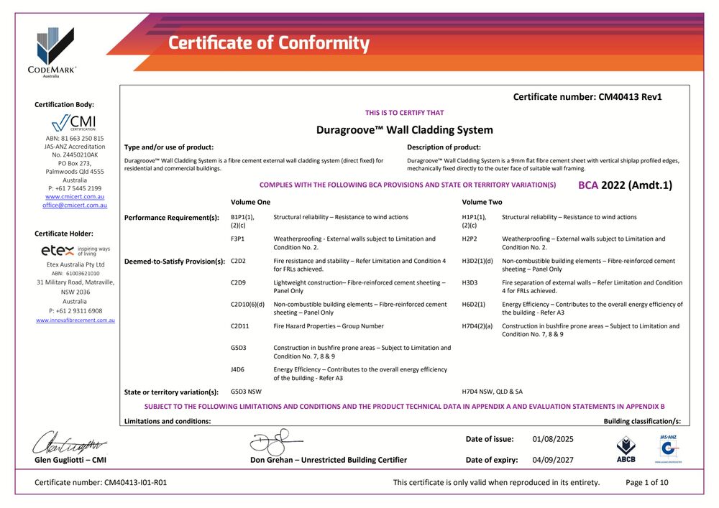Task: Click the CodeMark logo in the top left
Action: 56,51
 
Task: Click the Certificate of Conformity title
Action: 268,43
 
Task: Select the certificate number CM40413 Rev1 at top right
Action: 587,97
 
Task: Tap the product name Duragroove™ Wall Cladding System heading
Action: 405,130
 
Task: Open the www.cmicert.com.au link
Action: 74,196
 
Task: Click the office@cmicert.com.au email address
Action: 74,205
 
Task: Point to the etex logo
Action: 75,251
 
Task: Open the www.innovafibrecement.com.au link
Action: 75,320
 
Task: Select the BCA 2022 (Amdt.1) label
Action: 625,185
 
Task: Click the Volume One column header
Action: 250,203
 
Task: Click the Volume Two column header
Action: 482,203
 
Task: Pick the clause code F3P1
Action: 238,239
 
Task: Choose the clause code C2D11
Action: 239,326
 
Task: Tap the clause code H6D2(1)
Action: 473,305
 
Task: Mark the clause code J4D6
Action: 238,369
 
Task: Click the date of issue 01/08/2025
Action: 553,439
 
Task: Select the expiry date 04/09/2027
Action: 553,460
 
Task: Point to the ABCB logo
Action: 626,448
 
